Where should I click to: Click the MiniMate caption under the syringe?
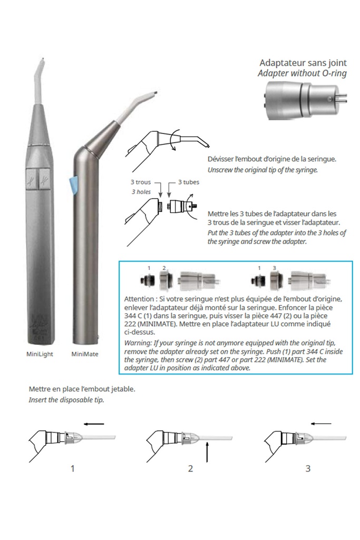coord(84,354)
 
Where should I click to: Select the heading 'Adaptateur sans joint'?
coord(303,63)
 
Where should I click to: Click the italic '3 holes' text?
coord(141,192)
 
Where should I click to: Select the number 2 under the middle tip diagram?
coord(190,468)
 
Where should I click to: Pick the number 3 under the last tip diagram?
coord(308,468)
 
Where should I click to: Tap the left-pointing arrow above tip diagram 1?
coord(94,422)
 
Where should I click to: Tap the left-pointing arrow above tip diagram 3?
coord(321,423)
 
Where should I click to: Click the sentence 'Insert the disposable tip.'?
coord(66,400)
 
